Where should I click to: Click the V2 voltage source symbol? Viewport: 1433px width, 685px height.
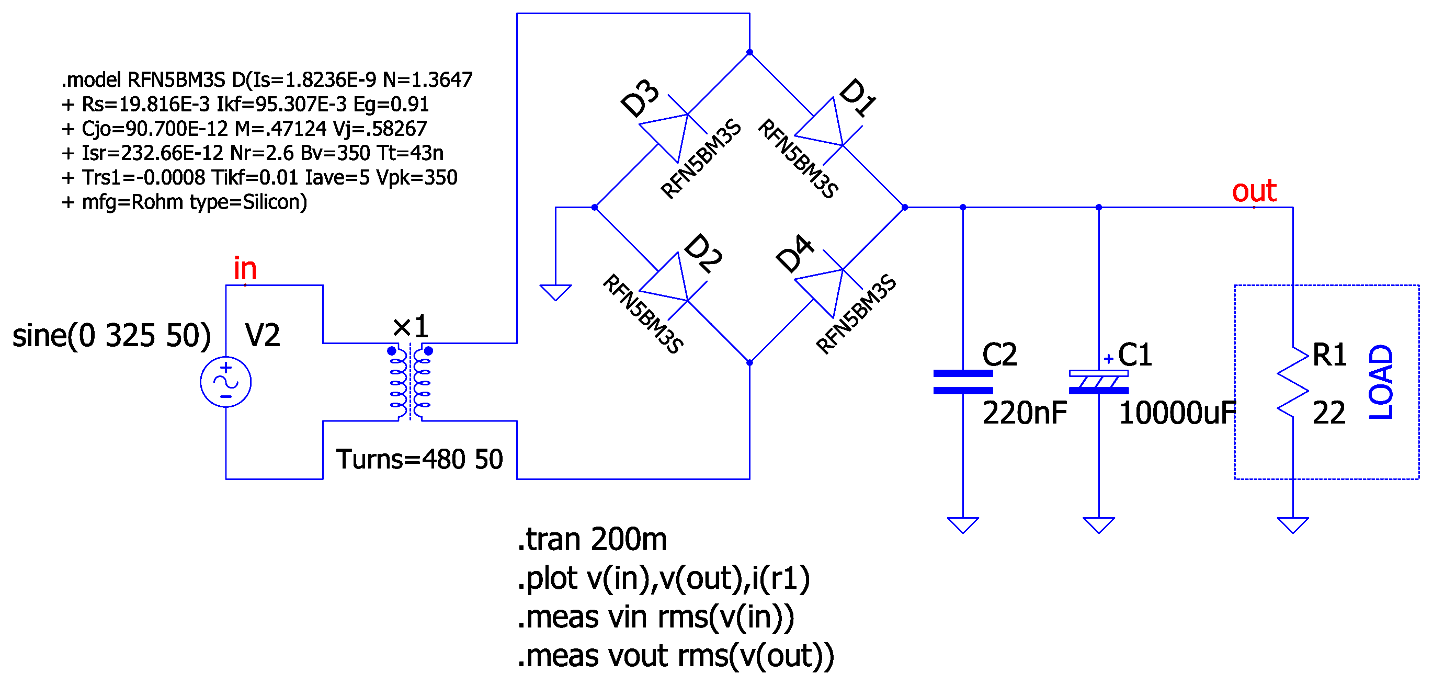[225, 382]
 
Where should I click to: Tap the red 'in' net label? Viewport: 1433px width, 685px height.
[245, 269]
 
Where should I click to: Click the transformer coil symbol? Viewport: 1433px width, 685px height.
[410, 382]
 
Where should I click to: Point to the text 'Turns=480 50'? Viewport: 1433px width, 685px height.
[419, 459]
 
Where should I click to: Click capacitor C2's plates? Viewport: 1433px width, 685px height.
[962, 382]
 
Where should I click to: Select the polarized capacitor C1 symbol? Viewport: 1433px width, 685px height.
[1098, 382]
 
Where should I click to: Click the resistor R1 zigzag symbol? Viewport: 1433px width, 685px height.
[1292, 382]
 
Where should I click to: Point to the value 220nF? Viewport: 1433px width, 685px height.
[1024, 413]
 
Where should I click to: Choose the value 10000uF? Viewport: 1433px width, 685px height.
[1176, 413]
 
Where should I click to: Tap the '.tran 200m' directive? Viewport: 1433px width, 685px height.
[592, 539]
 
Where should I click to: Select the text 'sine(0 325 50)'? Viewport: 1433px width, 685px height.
[111, 335]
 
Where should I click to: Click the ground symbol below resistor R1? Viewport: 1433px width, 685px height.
[1292, 524]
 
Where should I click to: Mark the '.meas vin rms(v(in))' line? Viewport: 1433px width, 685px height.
[655, 617]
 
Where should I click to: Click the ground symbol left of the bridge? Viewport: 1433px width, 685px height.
[555, 292]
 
